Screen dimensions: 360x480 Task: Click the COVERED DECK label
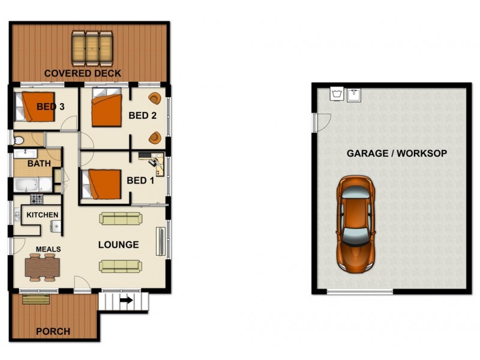(x=83, y=74)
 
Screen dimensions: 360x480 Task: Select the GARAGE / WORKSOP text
(x=397, y=154)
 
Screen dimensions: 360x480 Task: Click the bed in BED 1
(x=101, y=184)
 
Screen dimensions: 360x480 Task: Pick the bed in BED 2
(x=108, y=109)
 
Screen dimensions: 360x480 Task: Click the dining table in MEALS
(x=43, y=265)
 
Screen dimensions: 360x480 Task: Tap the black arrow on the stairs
(x=127, y=302)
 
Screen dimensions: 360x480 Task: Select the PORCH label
(x=53, y=331)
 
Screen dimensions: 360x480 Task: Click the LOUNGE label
(x=119, y=245)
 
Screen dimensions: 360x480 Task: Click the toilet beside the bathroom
(x=19, y=140)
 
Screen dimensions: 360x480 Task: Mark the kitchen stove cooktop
(x=37, y=198)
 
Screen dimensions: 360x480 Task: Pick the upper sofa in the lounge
(x=120, y=219)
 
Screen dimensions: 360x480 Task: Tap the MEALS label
(x=48, y=249)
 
